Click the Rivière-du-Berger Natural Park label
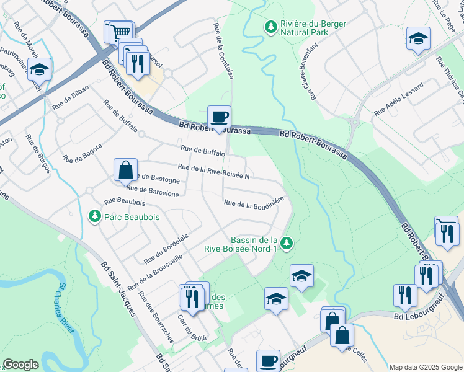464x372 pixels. tap(313, 29)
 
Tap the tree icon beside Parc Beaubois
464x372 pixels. tap(94, 216)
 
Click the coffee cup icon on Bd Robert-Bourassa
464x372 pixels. tap(219, 117)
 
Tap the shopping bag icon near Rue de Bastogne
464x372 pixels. tap(125, 169)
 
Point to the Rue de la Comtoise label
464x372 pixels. tap(223, 51)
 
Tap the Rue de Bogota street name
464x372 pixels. tap(83, 154)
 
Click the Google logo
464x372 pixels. tap(20, 365)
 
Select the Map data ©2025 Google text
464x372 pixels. tap(425, 367)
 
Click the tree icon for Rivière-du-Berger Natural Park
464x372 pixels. tap(270, 27)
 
